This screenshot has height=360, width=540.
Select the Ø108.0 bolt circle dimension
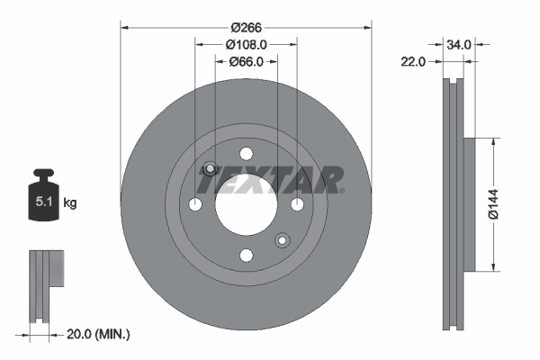pos(246,44)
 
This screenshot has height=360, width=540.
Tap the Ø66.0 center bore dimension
pos(246,61)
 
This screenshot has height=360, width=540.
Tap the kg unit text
pos(69,203)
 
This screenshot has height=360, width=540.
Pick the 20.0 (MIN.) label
pos(99,334)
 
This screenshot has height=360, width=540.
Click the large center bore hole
pos(246,204)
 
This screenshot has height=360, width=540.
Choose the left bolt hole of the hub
pos(194,204)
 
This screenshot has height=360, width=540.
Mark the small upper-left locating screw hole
pos(210,168)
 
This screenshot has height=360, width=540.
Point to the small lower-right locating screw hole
pos(282,239)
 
